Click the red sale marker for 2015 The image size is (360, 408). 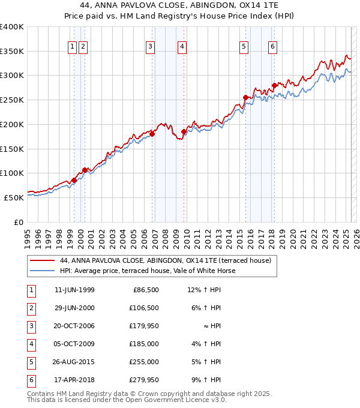245,97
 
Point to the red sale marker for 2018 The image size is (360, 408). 274,85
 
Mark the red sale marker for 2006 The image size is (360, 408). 152,134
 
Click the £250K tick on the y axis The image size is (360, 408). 12,100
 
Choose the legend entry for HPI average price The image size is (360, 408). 146,271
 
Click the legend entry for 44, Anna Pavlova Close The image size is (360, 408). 166,260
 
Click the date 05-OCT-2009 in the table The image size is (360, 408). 74,344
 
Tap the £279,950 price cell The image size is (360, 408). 144,380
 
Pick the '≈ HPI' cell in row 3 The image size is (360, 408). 213,326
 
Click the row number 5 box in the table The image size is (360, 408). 29,362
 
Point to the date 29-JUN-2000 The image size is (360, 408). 74,308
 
